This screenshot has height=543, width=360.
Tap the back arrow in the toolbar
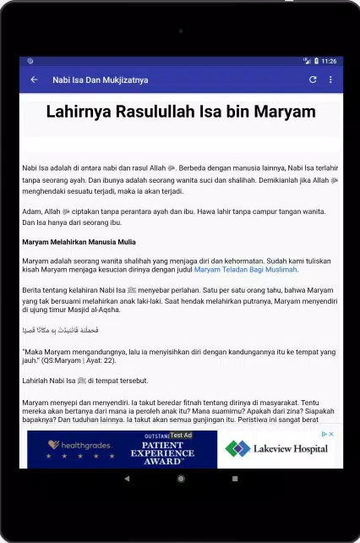(34, 80)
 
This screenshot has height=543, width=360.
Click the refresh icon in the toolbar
(313, 80)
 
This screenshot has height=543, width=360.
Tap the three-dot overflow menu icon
(330, 80)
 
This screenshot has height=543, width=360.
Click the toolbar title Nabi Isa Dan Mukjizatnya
(100, 80)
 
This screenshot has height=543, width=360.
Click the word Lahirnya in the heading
(79, 112)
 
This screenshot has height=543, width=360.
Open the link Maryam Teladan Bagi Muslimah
(246, 271)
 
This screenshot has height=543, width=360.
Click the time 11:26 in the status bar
(329, 61)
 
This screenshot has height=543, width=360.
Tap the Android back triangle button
(127, 478)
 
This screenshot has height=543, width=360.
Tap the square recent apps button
(234, 478)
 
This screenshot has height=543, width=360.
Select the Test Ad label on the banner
(180, 435)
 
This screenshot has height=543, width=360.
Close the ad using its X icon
(331, 434)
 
